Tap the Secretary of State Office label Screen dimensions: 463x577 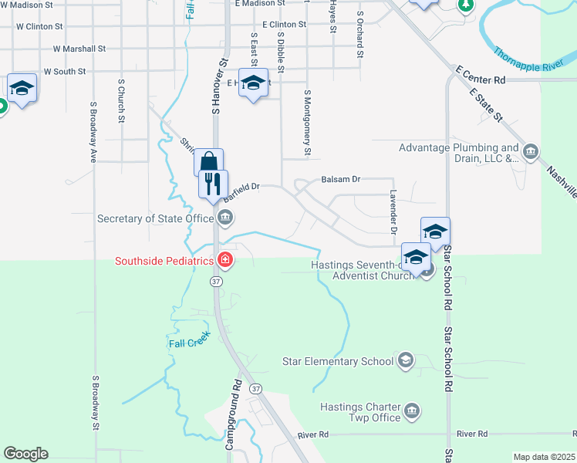[x=155, y=218]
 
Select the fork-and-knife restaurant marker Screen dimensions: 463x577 [x=214, y=184]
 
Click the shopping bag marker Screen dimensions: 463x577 [x=208, y=162]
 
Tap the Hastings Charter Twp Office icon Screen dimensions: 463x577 [x=413, y=410]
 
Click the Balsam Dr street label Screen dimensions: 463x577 [x=340, y=180]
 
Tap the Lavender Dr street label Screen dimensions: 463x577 [x=393, y=211]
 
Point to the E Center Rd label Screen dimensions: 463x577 [x=481, y=79]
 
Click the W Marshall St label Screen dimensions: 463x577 [x=79, y=49]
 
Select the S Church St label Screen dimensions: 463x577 [x=121, y=100]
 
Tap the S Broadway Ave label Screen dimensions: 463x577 [x=93, y=131]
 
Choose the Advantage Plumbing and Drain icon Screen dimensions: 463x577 [x=531, y=152]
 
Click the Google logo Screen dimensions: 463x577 [x=26, y=454]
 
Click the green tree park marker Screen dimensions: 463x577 [x=465, y=5]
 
